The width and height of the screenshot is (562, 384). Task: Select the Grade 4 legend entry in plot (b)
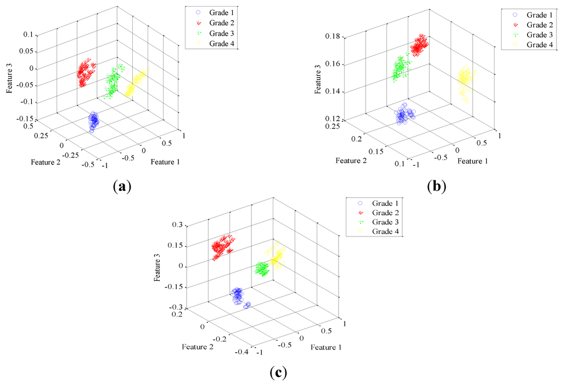533,45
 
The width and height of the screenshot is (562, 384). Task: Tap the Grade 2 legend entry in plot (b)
533,25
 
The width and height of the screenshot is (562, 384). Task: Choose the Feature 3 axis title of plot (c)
158,267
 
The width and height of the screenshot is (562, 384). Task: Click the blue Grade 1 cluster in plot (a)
93,121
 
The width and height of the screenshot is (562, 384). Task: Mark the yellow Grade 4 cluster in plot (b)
465,82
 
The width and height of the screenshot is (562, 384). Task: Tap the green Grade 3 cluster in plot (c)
263,269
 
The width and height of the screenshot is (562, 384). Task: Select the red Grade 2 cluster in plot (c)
222,246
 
